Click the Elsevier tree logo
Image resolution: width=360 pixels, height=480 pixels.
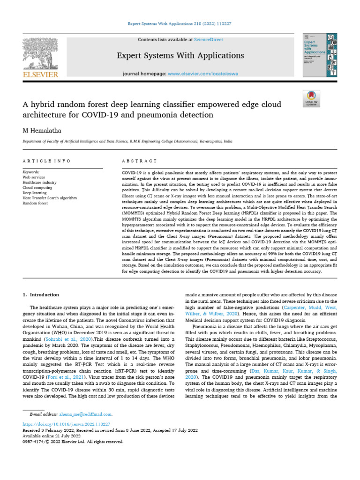[x=40, y=52]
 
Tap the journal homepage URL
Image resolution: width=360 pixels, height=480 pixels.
[x=206, y=74]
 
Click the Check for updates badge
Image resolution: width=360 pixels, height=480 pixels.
[x=312, y=98]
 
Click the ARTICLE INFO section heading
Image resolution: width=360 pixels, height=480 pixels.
[x=46, y=161]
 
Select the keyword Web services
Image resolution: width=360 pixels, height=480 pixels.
[x=34, y=177]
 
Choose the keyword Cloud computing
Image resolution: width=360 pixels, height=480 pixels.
[x=37, y=187]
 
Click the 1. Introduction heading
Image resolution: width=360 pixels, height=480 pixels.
[x=41, y=294]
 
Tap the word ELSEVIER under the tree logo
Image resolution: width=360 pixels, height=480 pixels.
[x=40, y=75]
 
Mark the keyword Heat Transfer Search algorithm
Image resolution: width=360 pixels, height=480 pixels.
[x=49, y=198]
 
